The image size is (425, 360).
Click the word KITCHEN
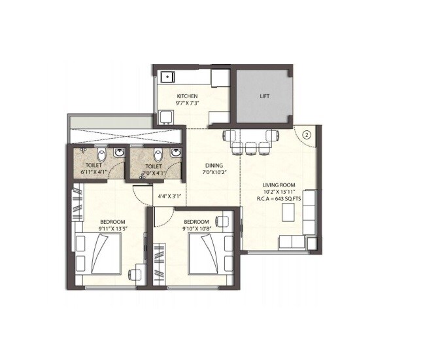187,96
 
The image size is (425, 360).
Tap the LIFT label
265,96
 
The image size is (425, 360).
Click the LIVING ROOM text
280,186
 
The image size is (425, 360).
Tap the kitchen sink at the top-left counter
167,76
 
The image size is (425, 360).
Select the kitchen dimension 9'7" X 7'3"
187,103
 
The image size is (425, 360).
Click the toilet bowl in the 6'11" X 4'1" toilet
100,155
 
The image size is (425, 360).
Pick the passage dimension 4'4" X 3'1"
169,196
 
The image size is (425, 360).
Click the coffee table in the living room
287,213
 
